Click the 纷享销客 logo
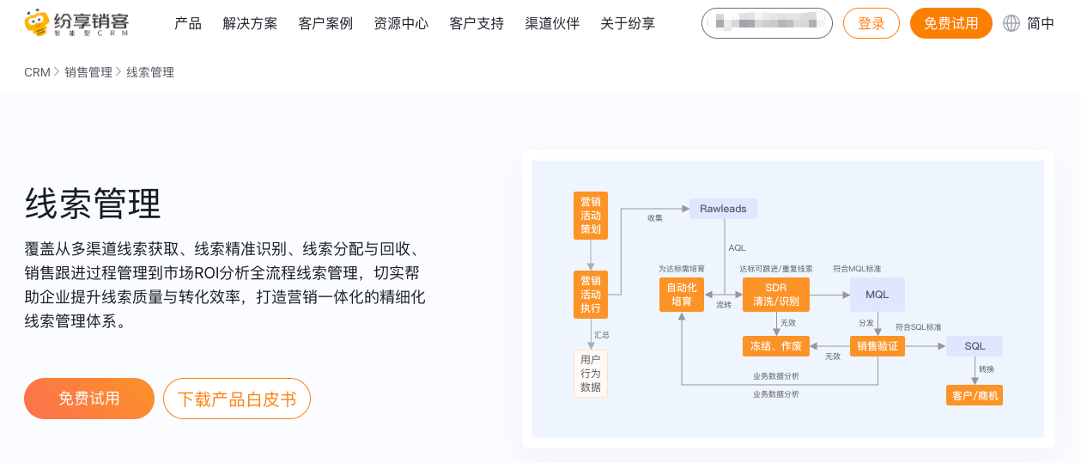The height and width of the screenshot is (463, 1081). (76, 23)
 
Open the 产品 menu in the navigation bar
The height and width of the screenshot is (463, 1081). (188, 24)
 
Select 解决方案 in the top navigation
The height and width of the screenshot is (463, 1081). (250, 24)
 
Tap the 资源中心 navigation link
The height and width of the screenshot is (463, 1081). (401, 24)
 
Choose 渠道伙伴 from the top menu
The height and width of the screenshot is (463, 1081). (552, 24)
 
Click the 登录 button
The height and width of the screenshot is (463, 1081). (871, 24)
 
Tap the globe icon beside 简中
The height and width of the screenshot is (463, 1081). (1011, 24)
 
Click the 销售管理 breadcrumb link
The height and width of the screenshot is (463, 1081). (88, 73)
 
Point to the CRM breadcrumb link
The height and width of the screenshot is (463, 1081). (37, 73)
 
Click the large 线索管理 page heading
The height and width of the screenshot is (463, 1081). (93, 204)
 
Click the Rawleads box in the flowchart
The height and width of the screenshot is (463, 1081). (723, 209)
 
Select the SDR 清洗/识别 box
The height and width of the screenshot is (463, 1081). (775, 295)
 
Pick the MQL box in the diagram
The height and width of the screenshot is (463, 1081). (878, 295)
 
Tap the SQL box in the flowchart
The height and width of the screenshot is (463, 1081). (975, 346)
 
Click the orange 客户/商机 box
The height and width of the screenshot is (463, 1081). (975, 396)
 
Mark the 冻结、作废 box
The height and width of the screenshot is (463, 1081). (775, 346)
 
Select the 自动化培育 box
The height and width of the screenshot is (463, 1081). (682, 295)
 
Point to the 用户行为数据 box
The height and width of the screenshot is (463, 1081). (591, 374)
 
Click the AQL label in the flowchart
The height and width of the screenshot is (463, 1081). (738, 248)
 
